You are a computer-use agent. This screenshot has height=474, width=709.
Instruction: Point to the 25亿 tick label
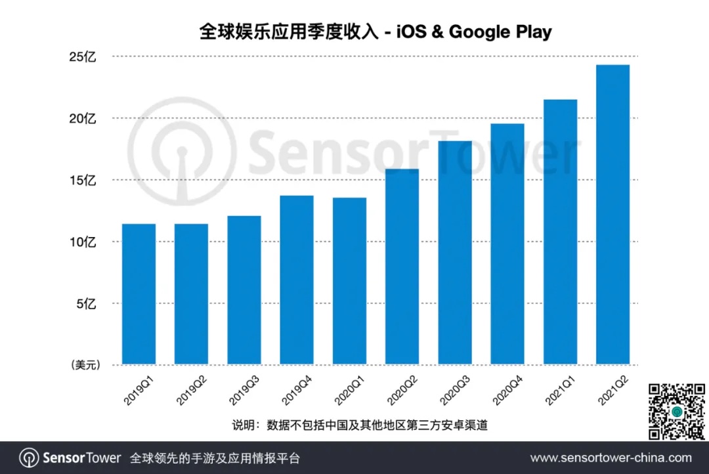83,57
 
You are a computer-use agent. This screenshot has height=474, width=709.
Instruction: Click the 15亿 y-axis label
83,181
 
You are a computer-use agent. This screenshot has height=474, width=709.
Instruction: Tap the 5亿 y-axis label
86,304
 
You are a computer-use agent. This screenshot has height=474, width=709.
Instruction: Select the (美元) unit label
83,365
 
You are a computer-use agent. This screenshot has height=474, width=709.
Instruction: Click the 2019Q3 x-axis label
244,393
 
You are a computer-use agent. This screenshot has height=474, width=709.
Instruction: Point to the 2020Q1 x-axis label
349,393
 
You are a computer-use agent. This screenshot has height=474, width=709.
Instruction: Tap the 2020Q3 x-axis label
454,393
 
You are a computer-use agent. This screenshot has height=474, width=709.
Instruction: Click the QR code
676,412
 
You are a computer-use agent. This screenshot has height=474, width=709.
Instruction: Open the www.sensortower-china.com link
611,458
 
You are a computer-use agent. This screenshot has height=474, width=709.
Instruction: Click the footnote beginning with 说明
360,425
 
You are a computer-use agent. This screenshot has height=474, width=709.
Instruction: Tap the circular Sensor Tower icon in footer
28,458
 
